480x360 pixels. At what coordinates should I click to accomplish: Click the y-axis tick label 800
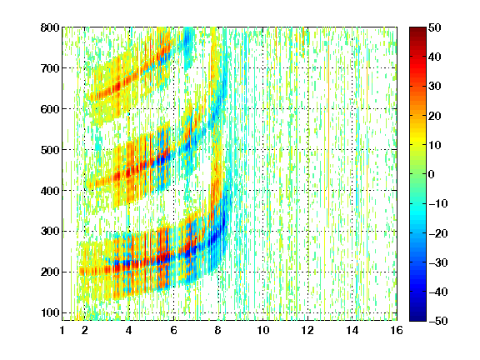[50, 27]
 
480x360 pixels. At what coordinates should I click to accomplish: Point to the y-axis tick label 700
[50, 68]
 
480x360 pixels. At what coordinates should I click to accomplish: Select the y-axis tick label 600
[50, 109]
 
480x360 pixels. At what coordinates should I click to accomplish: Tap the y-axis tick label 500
[50, 150]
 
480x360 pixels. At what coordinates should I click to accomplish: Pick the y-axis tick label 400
[50, 191]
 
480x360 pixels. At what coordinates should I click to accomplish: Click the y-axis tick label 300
[50, 232]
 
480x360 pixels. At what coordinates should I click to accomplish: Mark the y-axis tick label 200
[50, 272]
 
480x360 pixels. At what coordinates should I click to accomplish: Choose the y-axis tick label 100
[50, 312]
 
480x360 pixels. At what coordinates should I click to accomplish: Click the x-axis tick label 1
[62, 330]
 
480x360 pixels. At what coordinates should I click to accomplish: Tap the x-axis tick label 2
[85, 330]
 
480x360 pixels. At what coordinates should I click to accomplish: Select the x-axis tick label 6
[174, 330]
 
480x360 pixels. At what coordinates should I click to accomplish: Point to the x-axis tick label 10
[263, 330]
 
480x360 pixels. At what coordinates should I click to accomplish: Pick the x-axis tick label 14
[352, 330]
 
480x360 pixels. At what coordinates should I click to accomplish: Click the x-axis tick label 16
[397, 330]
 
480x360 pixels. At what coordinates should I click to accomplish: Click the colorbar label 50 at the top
[435, 27]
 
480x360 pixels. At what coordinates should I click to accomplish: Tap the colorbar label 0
[432, 174]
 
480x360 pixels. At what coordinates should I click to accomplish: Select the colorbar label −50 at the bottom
[438, 321]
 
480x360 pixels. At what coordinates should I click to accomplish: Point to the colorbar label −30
[438, 262]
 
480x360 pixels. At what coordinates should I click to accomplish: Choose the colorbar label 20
[435, 116]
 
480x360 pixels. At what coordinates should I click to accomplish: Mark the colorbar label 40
[435, 57]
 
